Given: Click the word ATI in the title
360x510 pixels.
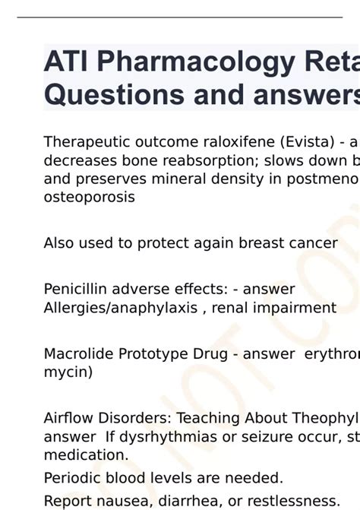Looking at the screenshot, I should coord(65,62).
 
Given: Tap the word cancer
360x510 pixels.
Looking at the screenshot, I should coord(312,243).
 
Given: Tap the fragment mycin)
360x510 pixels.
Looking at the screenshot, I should coord(68,372).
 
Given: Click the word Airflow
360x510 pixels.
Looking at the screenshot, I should coord(68,418).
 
